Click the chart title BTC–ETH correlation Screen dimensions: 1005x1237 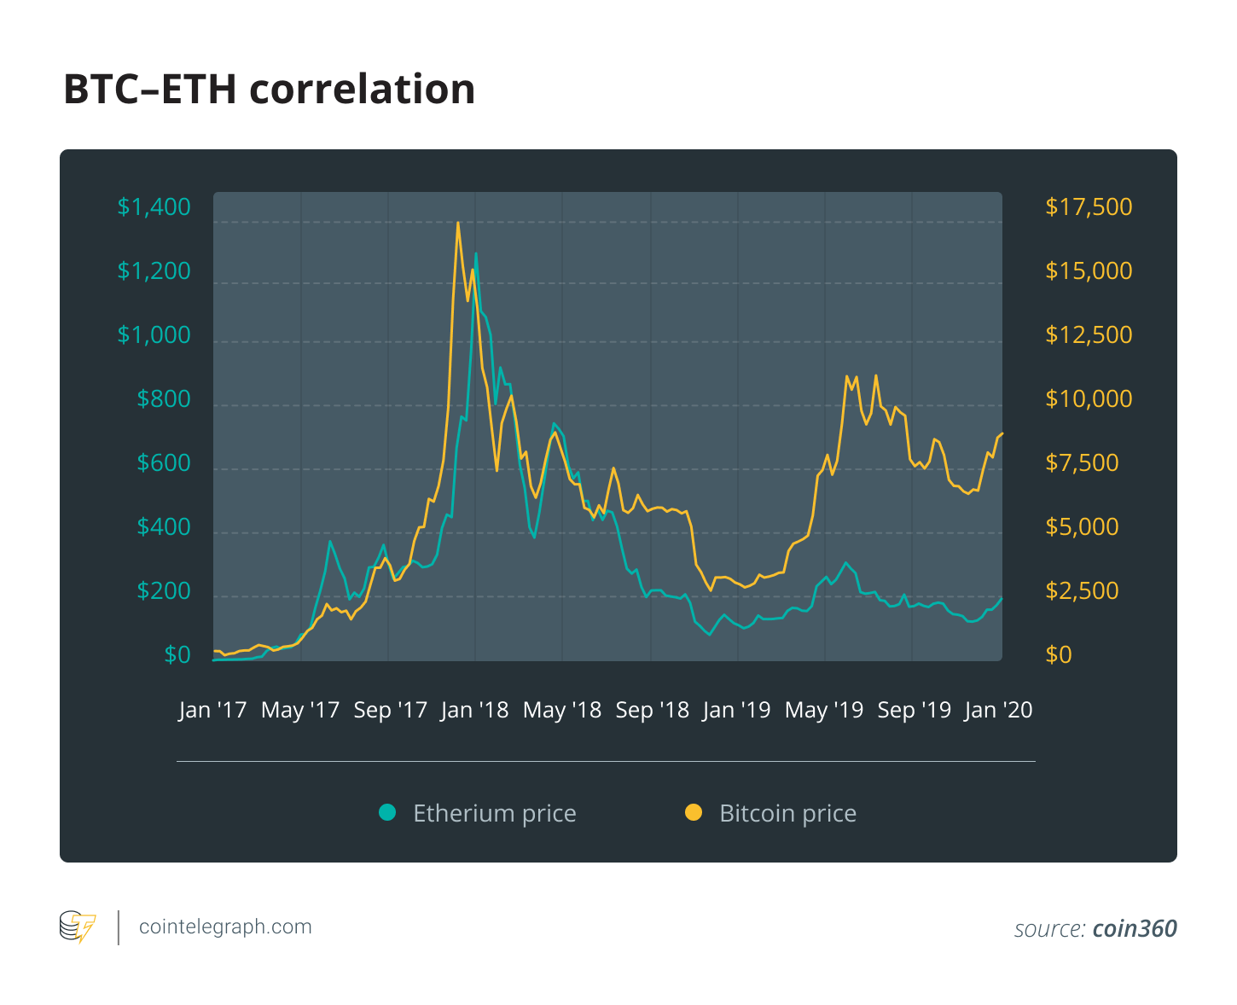269,90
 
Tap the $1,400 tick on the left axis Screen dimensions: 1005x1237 154,207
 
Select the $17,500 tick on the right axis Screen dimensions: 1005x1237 1089,207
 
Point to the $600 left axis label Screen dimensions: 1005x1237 164,463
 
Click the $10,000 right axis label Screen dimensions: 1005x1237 1089,399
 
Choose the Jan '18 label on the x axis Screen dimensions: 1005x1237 474,710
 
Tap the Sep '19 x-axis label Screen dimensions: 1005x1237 914,710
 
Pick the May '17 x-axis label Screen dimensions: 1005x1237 300,710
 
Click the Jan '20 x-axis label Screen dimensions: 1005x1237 998,710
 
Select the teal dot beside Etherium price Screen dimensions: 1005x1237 387,812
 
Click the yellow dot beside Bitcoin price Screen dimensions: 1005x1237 694,812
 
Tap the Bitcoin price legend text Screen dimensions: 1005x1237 787,813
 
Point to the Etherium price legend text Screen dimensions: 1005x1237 495,813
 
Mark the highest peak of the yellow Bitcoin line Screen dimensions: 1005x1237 458,224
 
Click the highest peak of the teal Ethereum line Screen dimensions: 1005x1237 476,253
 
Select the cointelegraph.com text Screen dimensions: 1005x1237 225,927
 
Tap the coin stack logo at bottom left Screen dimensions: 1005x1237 77,927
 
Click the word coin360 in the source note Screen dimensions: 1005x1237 1135,929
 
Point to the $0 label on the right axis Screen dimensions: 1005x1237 1059,655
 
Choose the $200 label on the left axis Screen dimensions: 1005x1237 164,591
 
